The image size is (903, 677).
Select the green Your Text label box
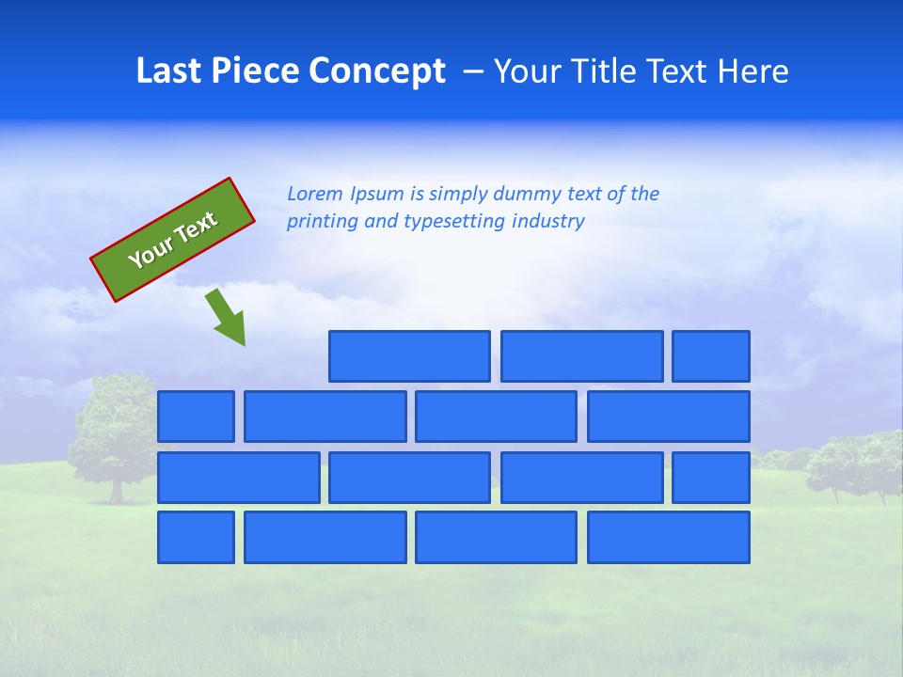coord(173,239)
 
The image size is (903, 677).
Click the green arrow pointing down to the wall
coord(227,318)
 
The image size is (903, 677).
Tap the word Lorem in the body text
coord(315,194)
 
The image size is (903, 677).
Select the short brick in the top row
coord(710,356)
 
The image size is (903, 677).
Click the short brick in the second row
coord(196,417)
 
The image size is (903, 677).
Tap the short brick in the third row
coord(710,478)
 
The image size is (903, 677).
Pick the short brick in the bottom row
coord(196,537)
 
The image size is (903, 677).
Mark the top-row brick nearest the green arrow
coord(409,356)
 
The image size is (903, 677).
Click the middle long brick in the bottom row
coord(496,537)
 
